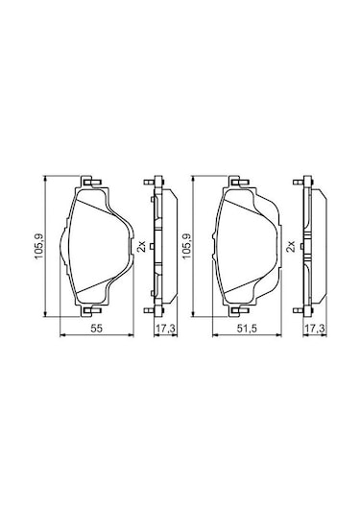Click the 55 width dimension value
pos(97,328)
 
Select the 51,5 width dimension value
pos(247,328)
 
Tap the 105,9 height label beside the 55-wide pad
pos(40,246)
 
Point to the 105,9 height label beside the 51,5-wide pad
pos(186,246)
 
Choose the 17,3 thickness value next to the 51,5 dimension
pos(315,328)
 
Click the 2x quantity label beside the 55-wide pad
pos(141,246)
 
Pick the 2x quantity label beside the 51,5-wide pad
pos(291,246)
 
